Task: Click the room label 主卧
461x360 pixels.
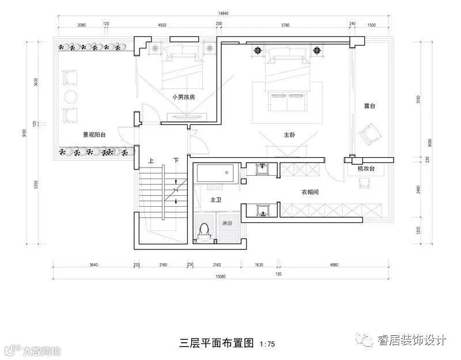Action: pyautogui.click(x=289, y=135)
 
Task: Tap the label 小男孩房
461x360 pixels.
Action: pyautogui.click(x=183, y=97)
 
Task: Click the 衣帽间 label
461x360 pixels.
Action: pyautogui.click(x=310, y=192)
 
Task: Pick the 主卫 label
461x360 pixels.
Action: pyautogui.click(x=216, y=200)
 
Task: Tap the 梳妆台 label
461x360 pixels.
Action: pyautogui.click(x=366, y=169)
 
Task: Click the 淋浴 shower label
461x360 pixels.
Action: pyautogui.click(x=227, y=222)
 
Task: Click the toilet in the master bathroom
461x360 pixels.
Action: pyautogui.click(x=203, y=230)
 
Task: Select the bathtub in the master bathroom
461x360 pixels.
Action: pyautogui.click(x=214, y=173)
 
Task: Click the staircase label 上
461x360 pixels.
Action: pyautogui.click(x=151, y=160)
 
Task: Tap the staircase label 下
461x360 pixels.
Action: pyautogui.click(x=176, y=160)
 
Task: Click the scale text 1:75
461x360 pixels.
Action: pyautogui.click(x=267, y=344)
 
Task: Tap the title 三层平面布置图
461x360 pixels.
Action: pyautogui.click(x=217, y=344)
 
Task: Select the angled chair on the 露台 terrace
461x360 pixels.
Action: pyautogui.click(x=369, y=134)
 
